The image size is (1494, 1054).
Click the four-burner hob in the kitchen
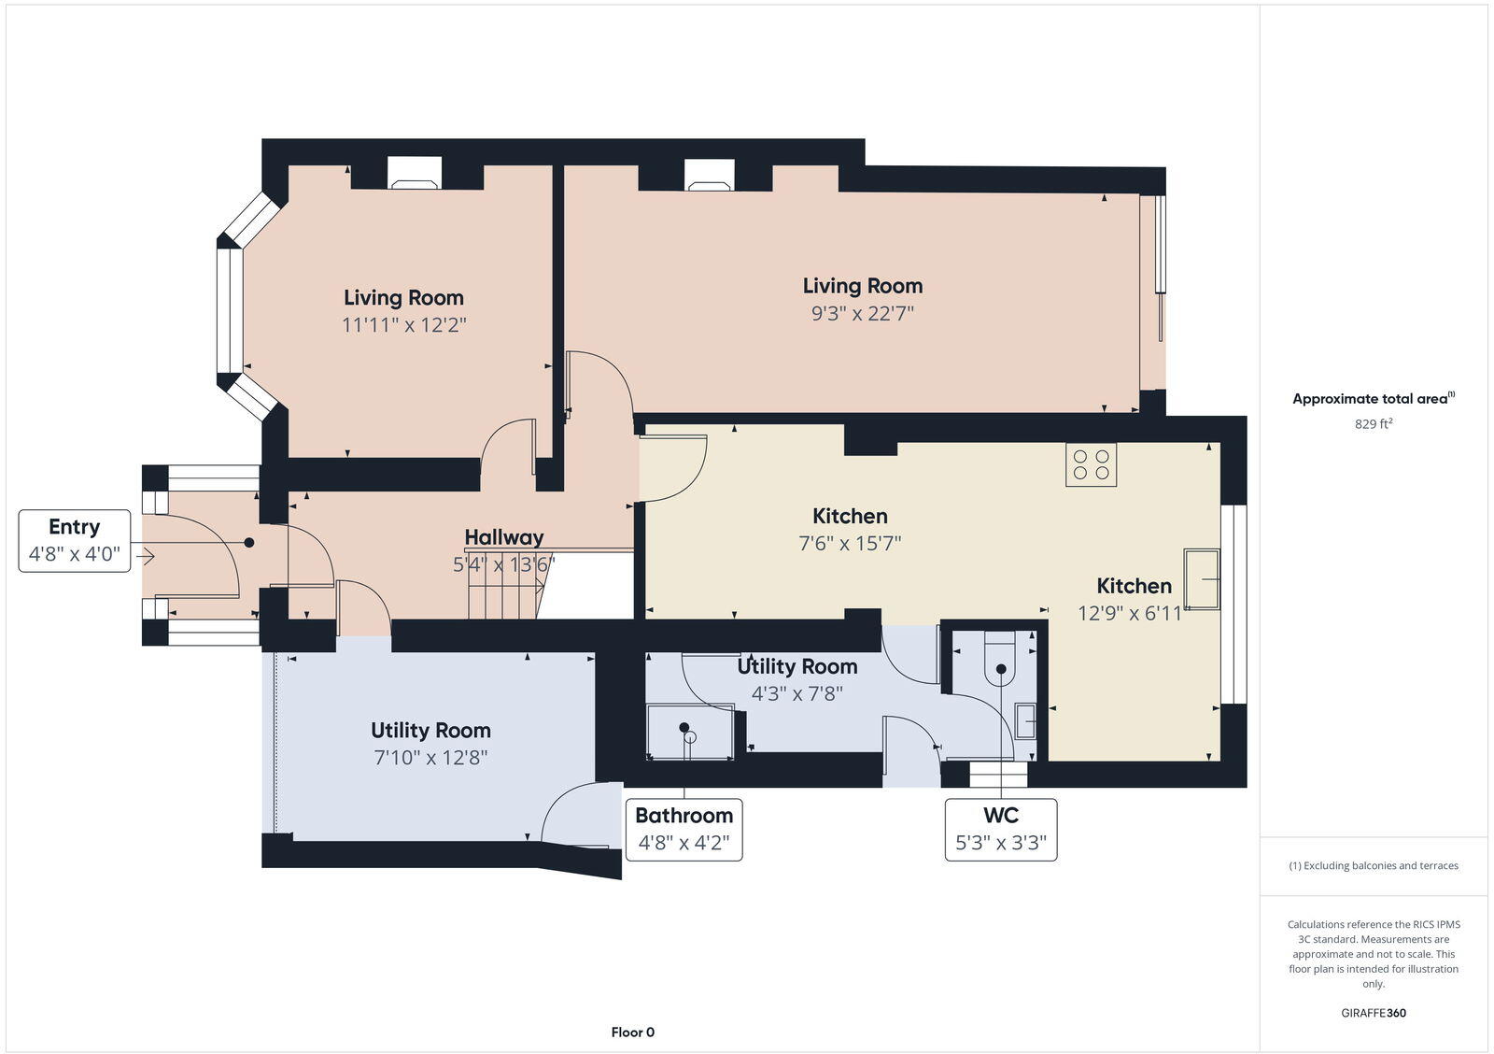click(1091, 464)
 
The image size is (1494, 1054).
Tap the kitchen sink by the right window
click(1202, 579)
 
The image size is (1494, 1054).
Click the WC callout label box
click(1000, 830)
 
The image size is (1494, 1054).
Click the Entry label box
click(75, 540)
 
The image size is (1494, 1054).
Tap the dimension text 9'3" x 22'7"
click(862, 313)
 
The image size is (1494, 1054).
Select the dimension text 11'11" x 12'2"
click(403, 325)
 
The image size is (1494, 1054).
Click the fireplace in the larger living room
click(710, 175)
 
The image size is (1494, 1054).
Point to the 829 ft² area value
click(1374, 423)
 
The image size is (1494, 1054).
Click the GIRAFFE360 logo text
click(1374, 1013)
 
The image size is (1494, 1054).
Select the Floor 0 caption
click(632, 1033)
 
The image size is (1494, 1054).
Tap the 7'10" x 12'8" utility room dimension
click(430, 758)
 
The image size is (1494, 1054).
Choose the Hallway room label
click(504, 537)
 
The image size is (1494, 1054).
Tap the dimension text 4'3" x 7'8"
click(796, 693)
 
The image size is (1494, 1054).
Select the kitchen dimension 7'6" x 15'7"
click(850, 543)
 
